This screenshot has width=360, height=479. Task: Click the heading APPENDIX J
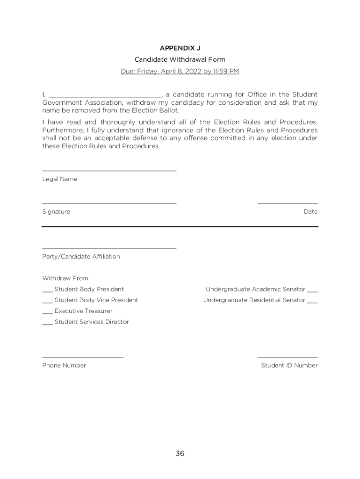tap(180, 48)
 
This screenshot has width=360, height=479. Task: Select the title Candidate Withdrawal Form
tap(180, 59)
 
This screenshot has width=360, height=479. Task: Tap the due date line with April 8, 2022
tap(180, 71)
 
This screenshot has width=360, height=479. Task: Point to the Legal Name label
tap(59, 179)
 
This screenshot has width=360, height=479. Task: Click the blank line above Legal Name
tap(109, 170)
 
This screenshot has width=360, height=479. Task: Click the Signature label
tap(56, 212)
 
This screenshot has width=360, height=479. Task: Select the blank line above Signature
tap(109, 203)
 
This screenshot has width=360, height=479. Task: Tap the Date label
tap(310, 212)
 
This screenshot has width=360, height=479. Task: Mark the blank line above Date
tap(288, 203)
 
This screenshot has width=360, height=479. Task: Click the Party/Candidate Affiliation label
tap(81, 257)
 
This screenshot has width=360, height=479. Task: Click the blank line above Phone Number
tap(83, 357)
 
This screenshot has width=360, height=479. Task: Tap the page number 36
tap(180, 453)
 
